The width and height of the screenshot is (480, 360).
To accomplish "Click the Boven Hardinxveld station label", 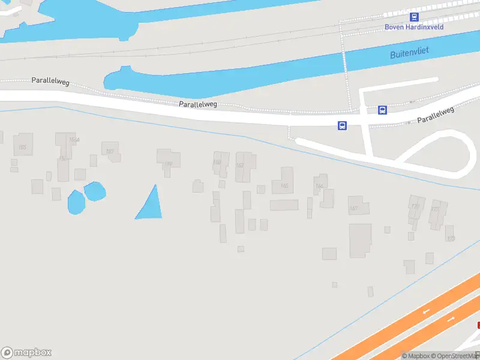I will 413,27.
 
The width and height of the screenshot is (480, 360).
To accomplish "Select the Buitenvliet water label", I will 410,54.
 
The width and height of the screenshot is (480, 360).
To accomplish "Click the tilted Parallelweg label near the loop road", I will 436,115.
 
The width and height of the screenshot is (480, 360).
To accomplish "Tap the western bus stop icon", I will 342,125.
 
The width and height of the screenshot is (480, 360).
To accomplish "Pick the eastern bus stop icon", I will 382,110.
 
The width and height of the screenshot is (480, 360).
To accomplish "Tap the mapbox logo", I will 26,353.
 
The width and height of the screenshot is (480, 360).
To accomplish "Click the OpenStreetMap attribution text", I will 455,356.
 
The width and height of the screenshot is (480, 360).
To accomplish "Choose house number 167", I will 353,209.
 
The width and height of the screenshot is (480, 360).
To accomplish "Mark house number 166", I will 319,186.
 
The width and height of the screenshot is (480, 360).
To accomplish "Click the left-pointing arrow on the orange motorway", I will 427,311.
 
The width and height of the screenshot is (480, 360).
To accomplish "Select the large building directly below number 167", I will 360,240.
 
